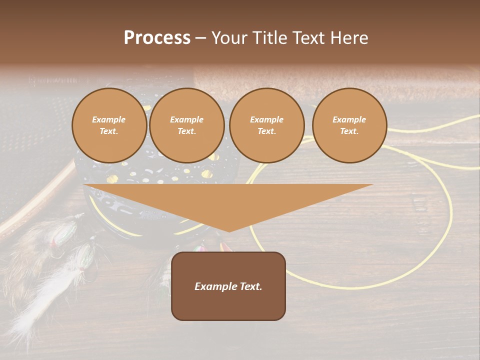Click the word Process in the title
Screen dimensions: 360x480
157,38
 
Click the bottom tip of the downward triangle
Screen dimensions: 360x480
229,231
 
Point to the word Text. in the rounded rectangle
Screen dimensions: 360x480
250,286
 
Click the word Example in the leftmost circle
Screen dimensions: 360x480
109,120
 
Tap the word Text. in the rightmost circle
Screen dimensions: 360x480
349,131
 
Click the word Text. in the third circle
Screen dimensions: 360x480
266,131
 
